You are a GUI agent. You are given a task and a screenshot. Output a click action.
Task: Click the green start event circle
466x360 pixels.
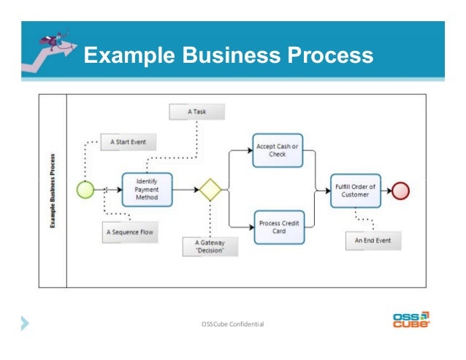(x=86, y=189)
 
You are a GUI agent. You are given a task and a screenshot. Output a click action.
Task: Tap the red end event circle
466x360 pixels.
(x=401, y=191)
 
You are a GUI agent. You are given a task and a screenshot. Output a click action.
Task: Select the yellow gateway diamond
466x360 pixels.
(x=211, y=189)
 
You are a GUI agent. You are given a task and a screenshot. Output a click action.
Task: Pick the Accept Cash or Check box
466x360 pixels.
(x=277, y=150)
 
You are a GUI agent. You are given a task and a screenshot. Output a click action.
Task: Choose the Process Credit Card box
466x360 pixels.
(x=277, y=227)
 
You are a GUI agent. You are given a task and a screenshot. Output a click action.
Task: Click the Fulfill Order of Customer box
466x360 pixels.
(x=355, y=191)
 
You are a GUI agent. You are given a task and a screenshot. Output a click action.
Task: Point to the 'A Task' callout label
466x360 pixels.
(x=196, y=112)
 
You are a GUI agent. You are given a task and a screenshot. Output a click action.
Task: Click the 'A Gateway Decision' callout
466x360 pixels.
(x=208, y=246)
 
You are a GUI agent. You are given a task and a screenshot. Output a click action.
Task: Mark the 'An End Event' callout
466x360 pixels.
(x=373, y=241)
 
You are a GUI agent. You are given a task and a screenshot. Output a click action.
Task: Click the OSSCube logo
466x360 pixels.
(x=411, y=321)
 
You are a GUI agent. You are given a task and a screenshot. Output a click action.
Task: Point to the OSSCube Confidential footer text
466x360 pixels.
(x=232, y=323)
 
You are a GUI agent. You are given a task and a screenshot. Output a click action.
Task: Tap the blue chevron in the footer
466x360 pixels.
(x=26, y=321)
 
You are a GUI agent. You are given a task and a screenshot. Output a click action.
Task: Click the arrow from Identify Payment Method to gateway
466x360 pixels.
(x=186, y=189)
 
